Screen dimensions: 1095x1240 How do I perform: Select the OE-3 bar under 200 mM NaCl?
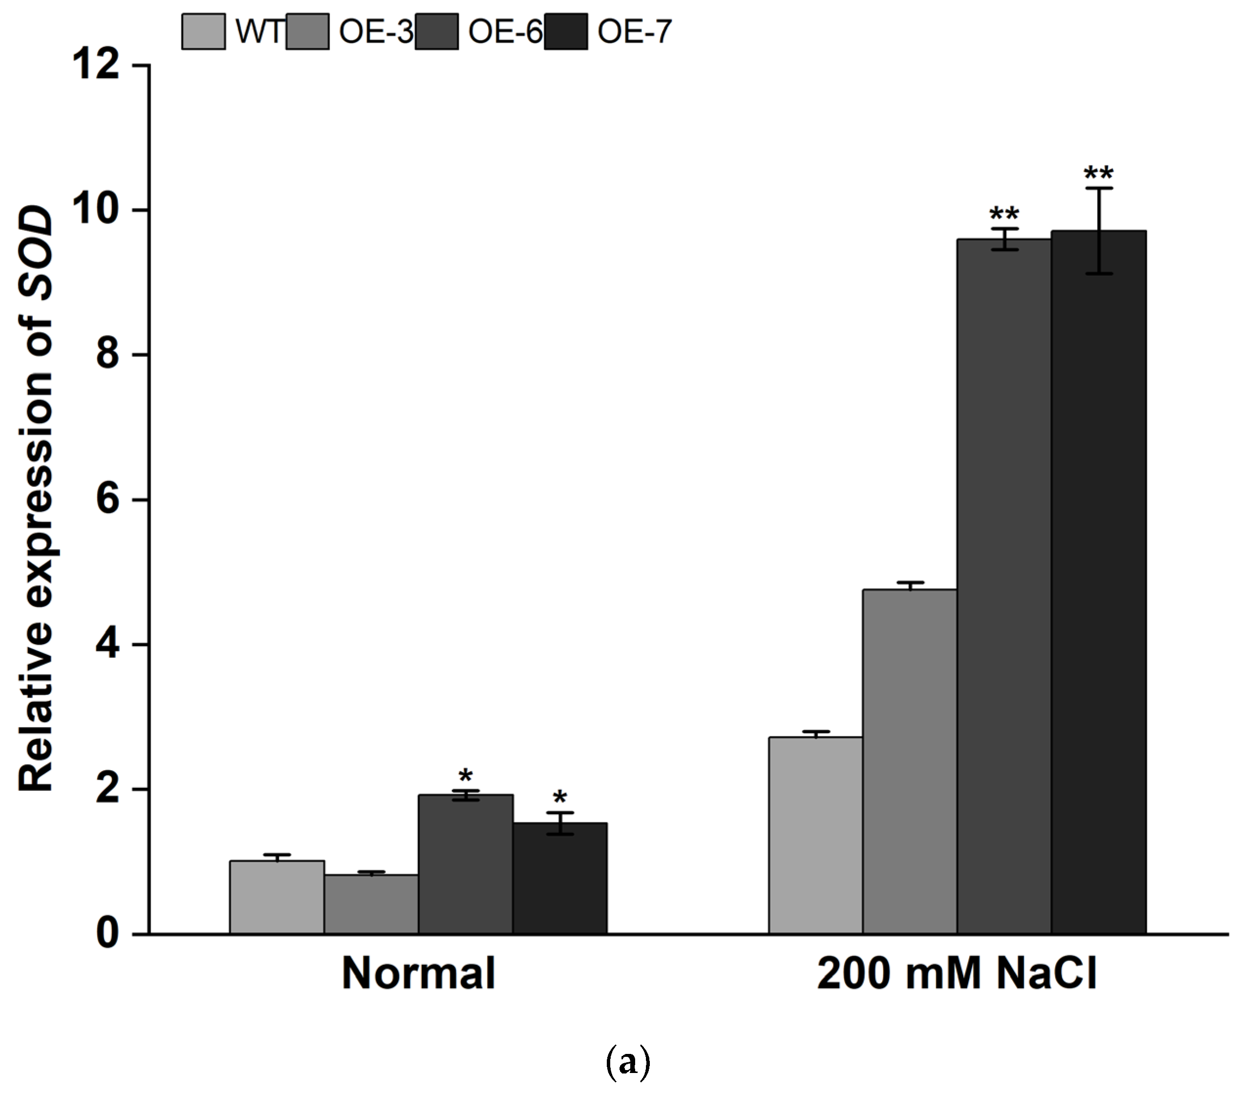click(x=910, y=761)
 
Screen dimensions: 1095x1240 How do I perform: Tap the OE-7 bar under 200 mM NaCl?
click(x=1099, y=582)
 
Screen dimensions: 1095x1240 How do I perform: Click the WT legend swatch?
click(x=203, y=32)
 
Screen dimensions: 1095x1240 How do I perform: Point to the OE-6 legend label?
click(x=505, y=32)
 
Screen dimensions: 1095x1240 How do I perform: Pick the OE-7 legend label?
click(x=634, y=32)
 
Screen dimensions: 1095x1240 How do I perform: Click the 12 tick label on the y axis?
click(x=96, y=65)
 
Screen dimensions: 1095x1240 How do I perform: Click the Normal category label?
click(x=418, y=974)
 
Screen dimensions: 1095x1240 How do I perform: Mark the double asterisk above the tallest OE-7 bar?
click(x=1099, y=174)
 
